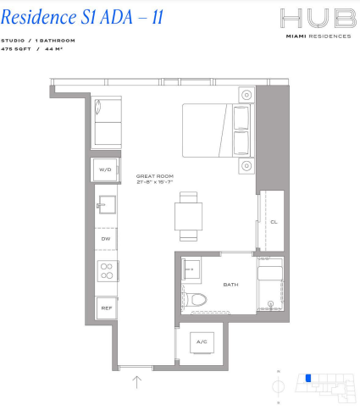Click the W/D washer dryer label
(x=105, y=169)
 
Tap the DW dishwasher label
(x=106, y=239)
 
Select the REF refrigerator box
(x=107, y=308)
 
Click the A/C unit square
(x=202, y=342)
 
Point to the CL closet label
(x=274, y=222)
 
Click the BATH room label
(x=230, y=285)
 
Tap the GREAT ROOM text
(x=155, y=176)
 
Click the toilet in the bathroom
(x=196, y=300)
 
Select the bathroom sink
(x=191, y=269)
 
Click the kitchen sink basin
(x=107, y=205)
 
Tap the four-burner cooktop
(x=107, y=271)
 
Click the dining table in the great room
(x=188, y=217)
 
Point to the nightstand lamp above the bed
(x=246, y=95)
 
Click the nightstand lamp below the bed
(x=246, y=166)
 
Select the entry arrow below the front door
(x=137, y=382)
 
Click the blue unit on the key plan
(x=308, y=378)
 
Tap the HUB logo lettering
(x=318, y=19)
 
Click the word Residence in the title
(x=39, y=17)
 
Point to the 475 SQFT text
(x=16, y=49)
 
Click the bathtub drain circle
(x=270, y=304)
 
